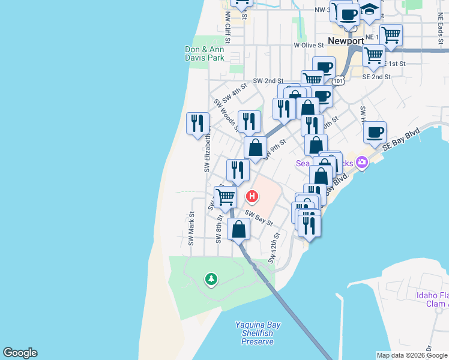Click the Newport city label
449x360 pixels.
346,41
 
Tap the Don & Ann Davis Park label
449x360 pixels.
204,53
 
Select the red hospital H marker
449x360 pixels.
253,196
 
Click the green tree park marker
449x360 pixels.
211,278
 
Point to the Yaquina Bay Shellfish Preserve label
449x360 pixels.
257,333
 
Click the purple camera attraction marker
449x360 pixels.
361,162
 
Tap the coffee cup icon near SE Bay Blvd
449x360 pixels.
375,132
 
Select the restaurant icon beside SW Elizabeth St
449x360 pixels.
197,123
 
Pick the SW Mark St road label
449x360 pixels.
191,228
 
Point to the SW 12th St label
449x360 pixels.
274,248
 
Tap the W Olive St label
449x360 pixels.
309,45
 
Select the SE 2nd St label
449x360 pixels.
376,77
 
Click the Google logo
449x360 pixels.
20,353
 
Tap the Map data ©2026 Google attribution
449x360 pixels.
412,355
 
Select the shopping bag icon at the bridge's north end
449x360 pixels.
239,229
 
